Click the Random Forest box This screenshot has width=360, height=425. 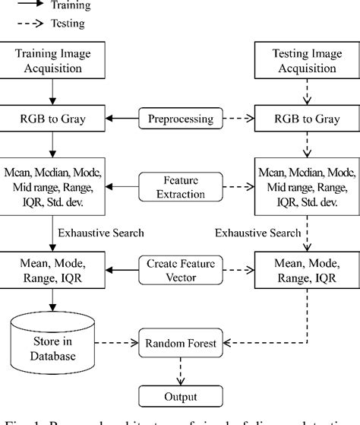(179, 343)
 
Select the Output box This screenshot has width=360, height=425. (179, 397)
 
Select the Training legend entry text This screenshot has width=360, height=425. (70, 6)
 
